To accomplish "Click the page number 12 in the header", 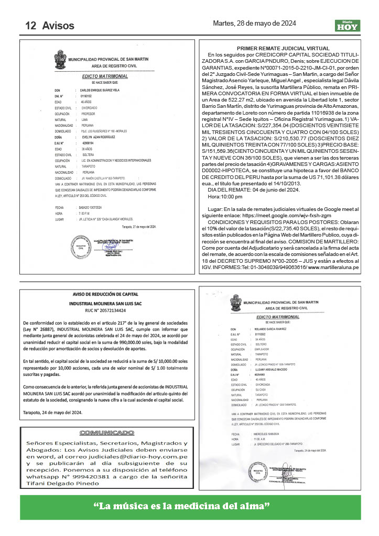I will pos(30,25).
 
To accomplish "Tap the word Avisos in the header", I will pos(58,25).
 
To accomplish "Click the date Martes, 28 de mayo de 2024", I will pos(255,24).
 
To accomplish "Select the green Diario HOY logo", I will pos(348,25).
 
